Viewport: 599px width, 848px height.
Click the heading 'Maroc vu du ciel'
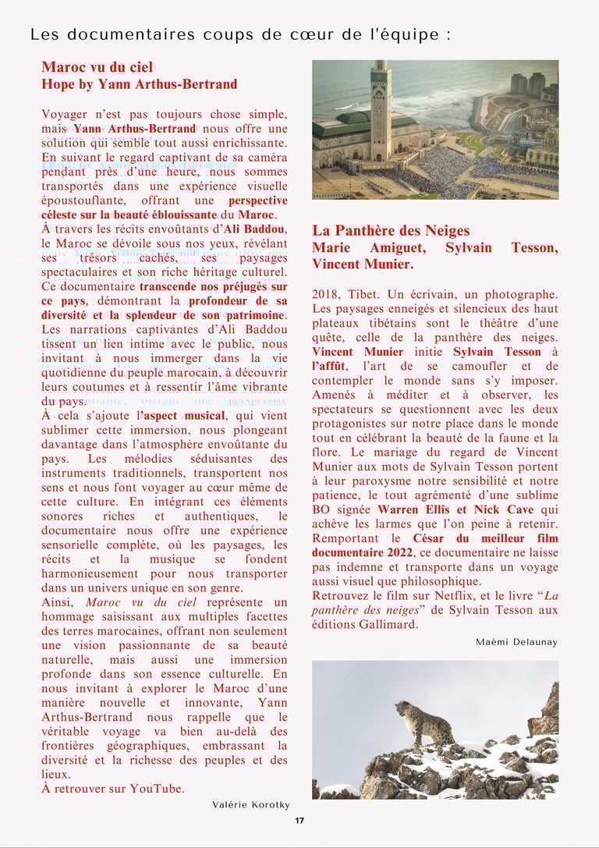coord(97,67)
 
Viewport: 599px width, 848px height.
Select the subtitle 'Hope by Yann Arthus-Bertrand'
coord(139,84)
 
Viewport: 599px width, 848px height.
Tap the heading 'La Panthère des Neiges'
coord(391,230)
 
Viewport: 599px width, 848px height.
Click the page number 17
coord(299,820)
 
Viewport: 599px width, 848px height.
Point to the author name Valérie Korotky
coord(250,804)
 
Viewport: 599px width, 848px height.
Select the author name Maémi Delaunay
coord(516,642)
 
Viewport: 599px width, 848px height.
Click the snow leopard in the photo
coord(425,720)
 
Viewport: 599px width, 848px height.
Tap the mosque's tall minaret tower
coord(381,101)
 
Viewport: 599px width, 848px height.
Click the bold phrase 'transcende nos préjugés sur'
coord(213,287)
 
